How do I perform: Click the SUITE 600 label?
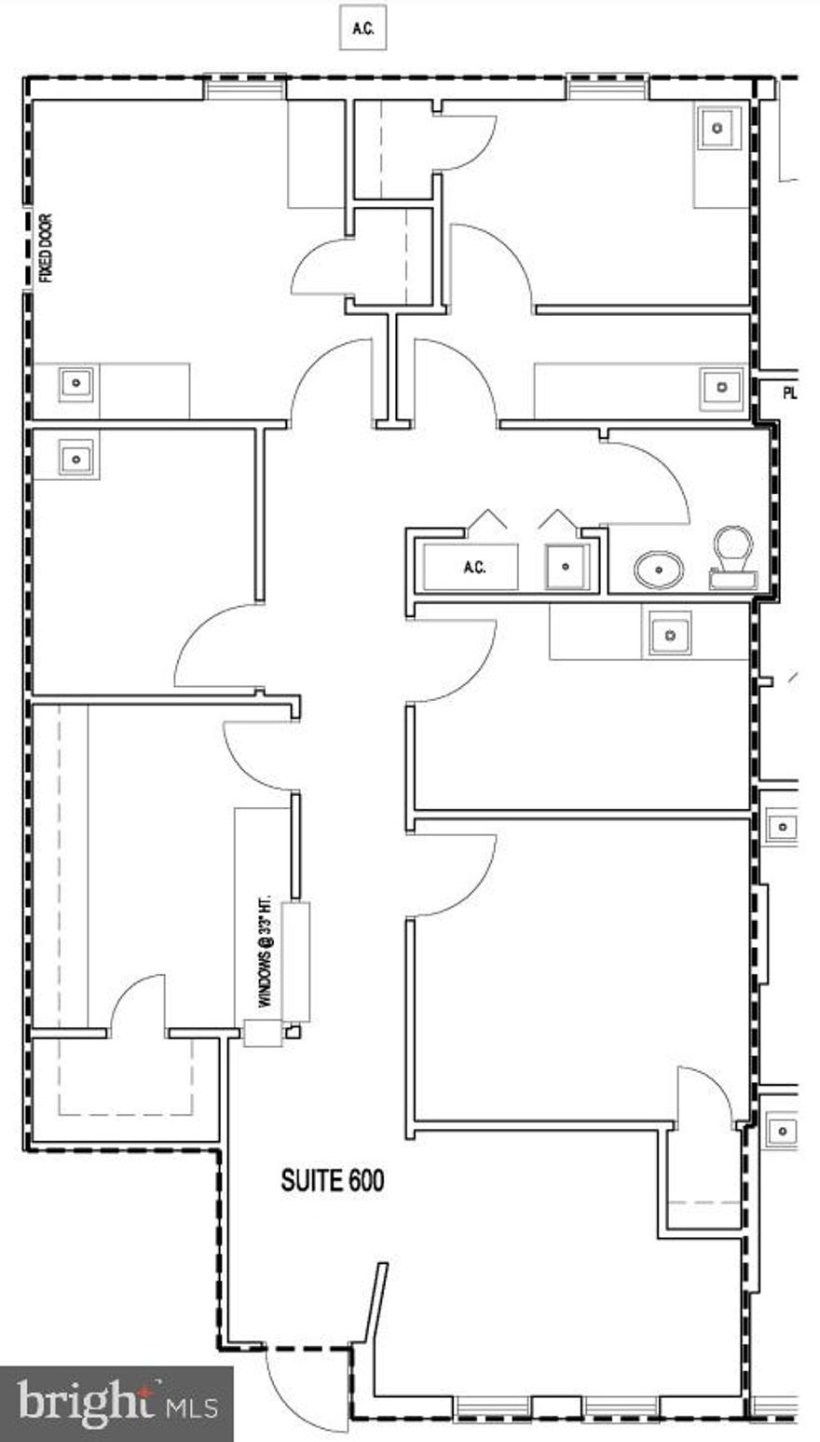pos(332,1181)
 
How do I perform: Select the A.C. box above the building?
pos(362,29)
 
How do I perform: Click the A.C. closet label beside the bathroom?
pos(473,568)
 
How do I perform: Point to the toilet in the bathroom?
pos(732,557)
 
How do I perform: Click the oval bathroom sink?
pos(659,569)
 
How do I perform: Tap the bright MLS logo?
pos(116,1403)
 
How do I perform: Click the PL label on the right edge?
pos(789,393)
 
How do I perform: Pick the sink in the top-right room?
pos(717,128)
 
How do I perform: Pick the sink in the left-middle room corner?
pos(76,458)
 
